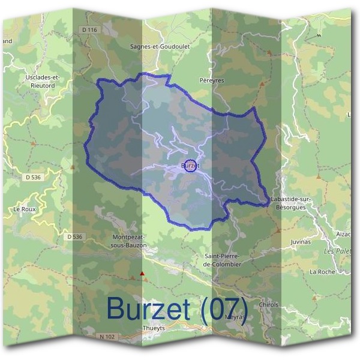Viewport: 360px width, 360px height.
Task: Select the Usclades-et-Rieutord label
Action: [x=43, y=81]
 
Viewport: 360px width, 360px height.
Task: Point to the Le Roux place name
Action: [x=25, y=209]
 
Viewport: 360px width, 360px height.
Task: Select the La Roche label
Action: [x=322, y=272]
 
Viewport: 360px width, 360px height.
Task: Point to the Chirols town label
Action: [x=268, y=305]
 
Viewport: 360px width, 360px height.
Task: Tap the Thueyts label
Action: [x=153, y=328]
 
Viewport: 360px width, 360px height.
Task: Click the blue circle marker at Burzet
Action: [x=190, y=165]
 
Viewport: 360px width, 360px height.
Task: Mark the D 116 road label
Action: [x=88, y=29]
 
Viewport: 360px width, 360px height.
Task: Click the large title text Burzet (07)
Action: [x=177, y=309]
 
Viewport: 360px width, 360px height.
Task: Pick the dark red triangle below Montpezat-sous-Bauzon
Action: [x=142, y=274]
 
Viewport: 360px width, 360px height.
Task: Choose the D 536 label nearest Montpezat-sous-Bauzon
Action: [x=74, y=237]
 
